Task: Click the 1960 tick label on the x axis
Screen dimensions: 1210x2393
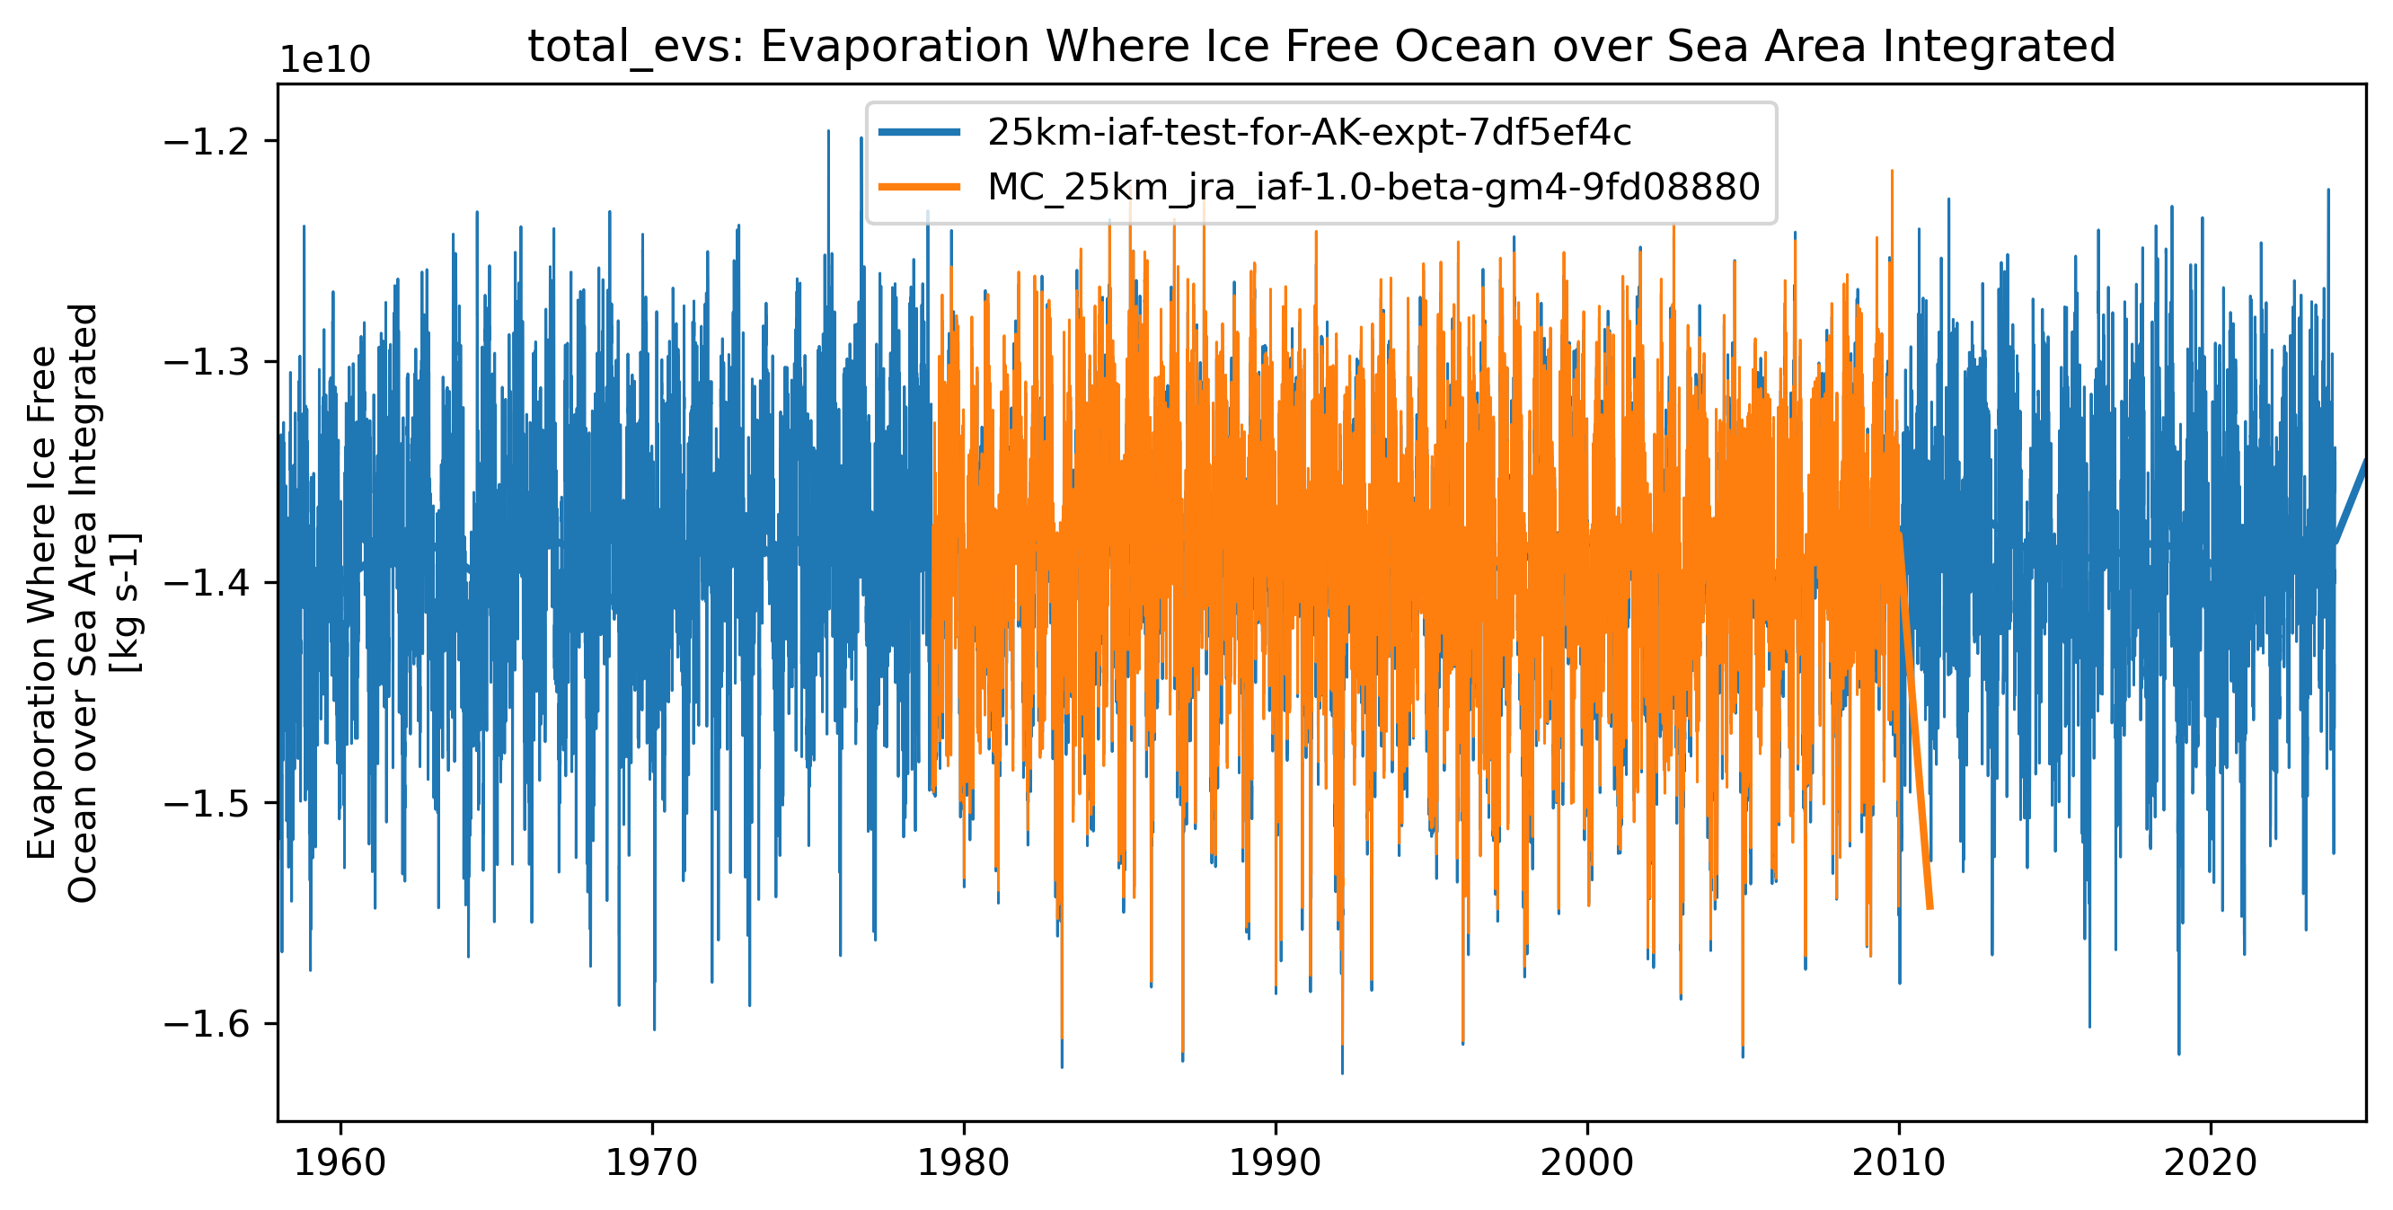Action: click(x=340, y=1162)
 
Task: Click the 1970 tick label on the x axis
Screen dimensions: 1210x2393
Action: click(x=652, y=1162)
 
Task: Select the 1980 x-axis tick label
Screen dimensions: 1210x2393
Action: click(x=963, y=1162)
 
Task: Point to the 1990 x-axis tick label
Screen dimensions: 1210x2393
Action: click(x=1276, y=1162)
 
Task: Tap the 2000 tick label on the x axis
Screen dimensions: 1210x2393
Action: click(x=1586, y=1162)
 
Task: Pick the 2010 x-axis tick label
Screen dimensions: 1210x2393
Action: click(x=1899, y=1162)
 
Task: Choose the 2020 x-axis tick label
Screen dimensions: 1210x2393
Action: click(x=2210, y=1162)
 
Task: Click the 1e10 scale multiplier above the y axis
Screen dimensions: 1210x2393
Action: click(x=325, y=59)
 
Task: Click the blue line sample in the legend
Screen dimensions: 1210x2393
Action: click(x=920, y=133)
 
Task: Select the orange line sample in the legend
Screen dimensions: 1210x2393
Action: click(x=920, y=187)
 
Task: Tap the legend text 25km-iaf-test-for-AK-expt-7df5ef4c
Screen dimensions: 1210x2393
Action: click(x=1309, y=133)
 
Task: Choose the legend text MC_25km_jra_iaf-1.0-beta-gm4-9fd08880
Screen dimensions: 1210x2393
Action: click(x=1373, y=187)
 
